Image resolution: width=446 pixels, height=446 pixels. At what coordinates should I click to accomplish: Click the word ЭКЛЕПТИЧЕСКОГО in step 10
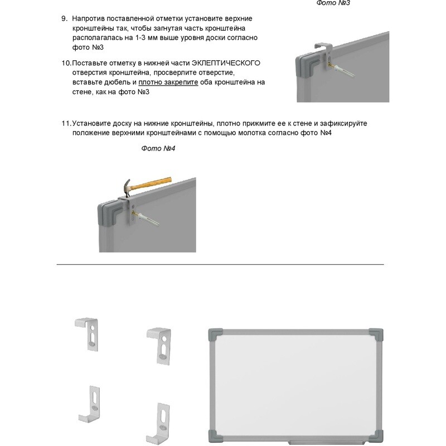click(x=226, y=63)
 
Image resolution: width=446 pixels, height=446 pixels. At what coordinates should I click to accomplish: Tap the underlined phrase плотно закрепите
click(x=168, y=82)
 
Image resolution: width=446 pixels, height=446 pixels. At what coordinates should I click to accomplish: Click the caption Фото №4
click(x=158, y=148)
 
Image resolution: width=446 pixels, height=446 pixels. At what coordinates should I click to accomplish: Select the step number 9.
click(x=64, y=18)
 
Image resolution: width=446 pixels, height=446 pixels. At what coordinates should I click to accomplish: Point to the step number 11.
click(x=66, y=123)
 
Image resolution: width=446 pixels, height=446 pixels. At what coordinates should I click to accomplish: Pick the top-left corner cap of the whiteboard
click(x=216, y=336)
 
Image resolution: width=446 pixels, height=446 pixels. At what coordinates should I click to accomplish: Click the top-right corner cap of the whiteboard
click(x=376, y=336)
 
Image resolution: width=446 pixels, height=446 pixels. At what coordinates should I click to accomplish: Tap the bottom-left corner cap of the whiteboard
click(x=216, y=436)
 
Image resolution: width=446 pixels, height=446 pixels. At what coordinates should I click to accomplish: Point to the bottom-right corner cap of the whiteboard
click(x=376, y=436)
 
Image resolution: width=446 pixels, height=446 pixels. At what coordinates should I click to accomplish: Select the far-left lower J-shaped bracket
click(x=89, y=404)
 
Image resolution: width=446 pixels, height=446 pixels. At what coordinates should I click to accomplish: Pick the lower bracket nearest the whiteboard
click(x=159, y=423)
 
